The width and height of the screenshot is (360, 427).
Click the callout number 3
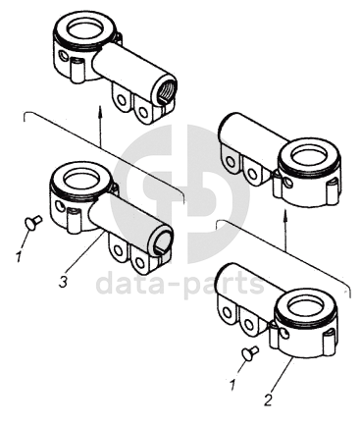coord(63,282)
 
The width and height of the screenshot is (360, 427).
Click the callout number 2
coord(268,400)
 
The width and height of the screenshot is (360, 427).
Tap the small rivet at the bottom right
coord(250,353)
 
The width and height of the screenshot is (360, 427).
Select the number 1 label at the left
coord(19,256)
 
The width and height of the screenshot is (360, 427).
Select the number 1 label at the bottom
coord(232,385)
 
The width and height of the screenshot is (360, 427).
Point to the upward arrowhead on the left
coord(101,111)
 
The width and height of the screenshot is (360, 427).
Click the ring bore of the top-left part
coord(84,27)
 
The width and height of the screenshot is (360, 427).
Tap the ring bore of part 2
coord(305,307)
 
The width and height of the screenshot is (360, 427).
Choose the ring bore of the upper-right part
coord(309,154)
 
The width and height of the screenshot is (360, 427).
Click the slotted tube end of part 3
coord(162,242)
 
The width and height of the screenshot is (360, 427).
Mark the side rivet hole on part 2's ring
coord(284,334)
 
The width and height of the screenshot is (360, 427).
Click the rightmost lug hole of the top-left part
coord(142,112)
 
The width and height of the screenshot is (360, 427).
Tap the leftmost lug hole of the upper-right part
coord(231,162)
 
